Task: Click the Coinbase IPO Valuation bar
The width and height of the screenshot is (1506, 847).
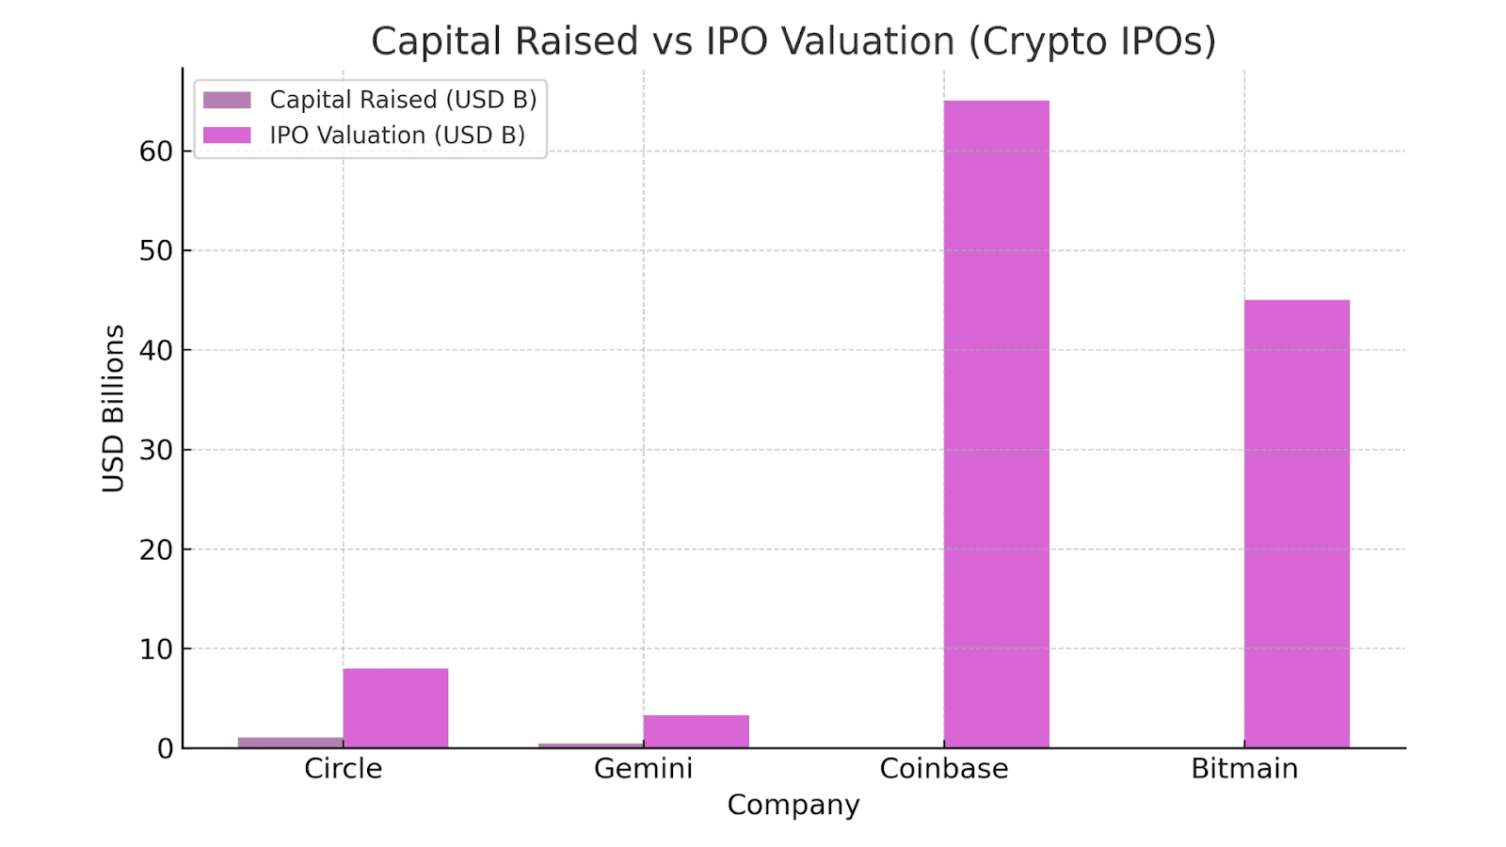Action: click(x=996, y=423)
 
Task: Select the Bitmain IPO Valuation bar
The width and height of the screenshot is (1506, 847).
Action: click(x=1296, y=523)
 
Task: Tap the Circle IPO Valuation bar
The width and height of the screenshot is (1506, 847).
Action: click(x=395, y=708)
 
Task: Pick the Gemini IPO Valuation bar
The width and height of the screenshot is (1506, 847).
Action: click(x=696, y=731)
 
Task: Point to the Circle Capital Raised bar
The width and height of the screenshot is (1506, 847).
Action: click(x=290, y=743)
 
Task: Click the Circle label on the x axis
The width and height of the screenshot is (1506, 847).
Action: click(x=343, y=769)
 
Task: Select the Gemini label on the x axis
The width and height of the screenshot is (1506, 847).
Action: click(x=643, y=769)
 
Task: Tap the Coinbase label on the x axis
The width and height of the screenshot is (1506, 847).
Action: click(x=943, y=769)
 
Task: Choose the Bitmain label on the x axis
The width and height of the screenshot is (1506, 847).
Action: click(x=1243, y=769)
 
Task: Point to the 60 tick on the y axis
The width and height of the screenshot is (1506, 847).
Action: click(x=156, y=152)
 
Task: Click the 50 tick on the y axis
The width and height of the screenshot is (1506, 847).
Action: click(x=156, y=251)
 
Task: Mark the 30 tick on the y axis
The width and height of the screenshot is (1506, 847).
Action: click(x=156, y=450)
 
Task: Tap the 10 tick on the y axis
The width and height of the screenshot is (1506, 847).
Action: click(x=156, y=649)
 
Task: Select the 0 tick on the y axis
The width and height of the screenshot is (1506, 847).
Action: click(x=166, y=749)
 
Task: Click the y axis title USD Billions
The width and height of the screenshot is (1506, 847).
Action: click(x=114, y=408)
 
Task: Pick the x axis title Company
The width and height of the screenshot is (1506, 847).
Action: click(x=793, y=806)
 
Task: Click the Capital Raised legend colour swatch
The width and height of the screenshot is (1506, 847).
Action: click(x=227, y=100)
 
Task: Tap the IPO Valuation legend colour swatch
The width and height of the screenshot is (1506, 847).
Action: click(x=227, y=136)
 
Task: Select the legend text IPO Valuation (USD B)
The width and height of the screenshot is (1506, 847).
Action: click(x=397, y=136)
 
